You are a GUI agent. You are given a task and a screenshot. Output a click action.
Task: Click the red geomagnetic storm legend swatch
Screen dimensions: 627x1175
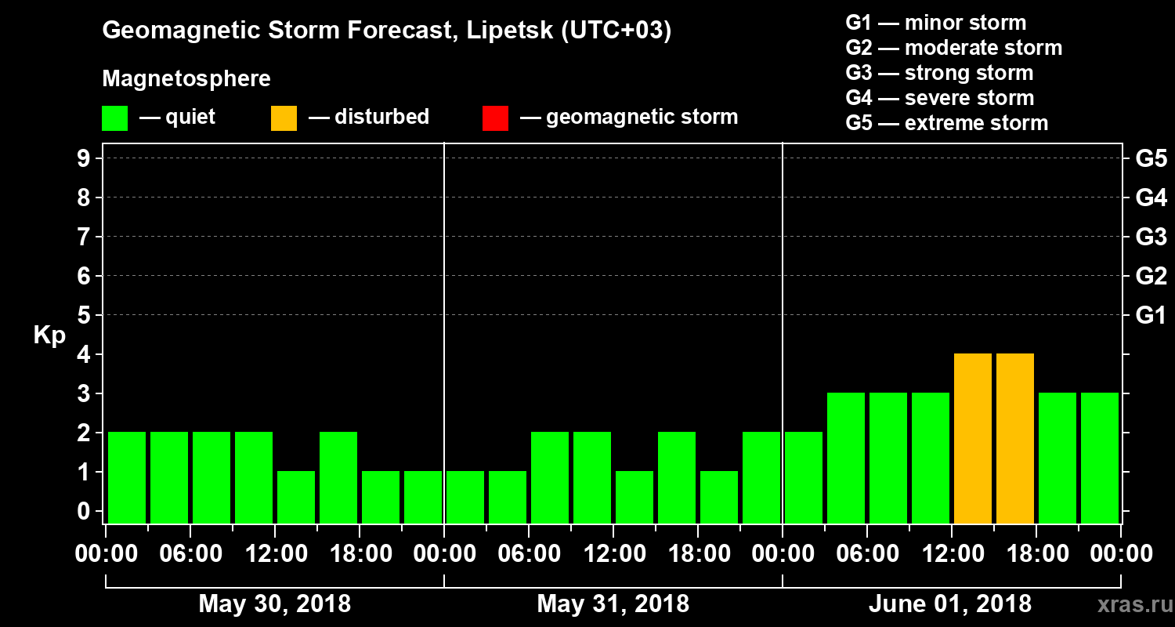[x=495, y=118]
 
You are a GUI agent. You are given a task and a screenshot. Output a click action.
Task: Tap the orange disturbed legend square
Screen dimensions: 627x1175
[x=284, y=118]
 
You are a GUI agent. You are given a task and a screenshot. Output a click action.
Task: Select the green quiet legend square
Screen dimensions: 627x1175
[x=114, y=118]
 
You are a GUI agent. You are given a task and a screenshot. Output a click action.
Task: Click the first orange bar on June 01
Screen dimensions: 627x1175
[x=973, y=438]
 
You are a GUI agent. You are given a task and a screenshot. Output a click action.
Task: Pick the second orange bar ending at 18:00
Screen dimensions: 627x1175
[x=1015, y=438]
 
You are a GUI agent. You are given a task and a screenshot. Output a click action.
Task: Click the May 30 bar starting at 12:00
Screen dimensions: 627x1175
[x=296, y=497]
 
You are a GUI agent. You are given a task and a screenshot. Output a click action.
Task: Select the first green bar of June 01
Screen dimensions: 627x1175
[x=804, y=477]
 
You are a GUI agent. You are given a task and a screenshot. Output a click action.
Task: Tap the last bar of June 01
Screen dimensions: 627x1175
[x=1100, y=458]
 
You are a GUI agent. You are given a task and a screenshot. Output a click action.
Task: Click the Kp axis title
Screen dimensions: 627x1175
[x=49, y=335]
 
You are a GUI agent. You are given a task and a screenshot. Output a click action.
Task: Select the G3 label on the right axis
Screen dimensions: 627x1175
[x=1151, y=237]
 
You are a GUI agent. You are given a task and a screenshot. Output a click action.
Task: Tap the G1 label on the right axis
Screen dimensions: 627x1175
[x=1151, y=316]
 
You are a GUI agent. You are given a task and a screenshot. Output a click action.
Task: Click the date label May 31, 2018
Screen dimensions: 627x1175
[x=613, y=604]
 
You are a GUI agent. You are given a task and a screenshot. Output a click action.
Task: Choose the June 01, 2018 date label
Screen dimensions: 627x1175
[x=950, y=604]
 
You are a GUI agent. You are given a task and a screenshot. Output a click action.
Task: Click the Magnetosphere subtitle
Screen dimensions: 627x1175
[x=186, y=79]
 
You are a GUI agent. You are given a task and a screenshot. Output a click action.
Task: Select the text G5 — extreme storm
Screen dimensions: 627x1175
[x=946, y=123]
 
